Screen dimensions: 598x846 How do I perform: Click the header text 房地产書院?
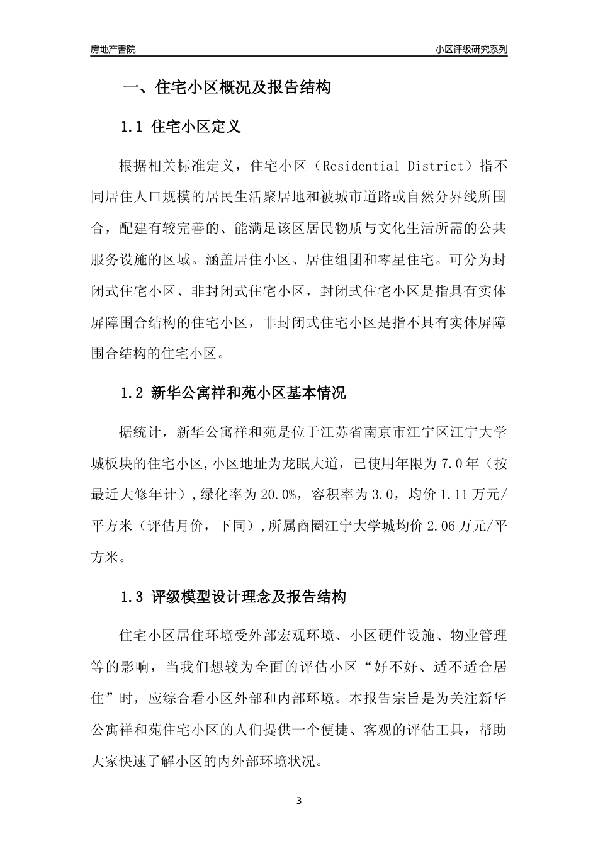tap(113, 48)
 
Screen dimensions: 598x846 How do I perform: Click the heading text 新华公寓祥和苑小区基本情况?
tap(248, 394)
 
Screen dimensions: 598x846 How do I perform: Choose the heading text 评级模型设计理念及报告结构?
tap(248, 597)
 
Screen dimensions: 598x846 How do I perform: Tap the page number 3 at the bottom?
tap(299, 801)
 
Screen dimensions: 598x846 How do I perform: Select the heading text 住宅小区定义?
tap(196, 127)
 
